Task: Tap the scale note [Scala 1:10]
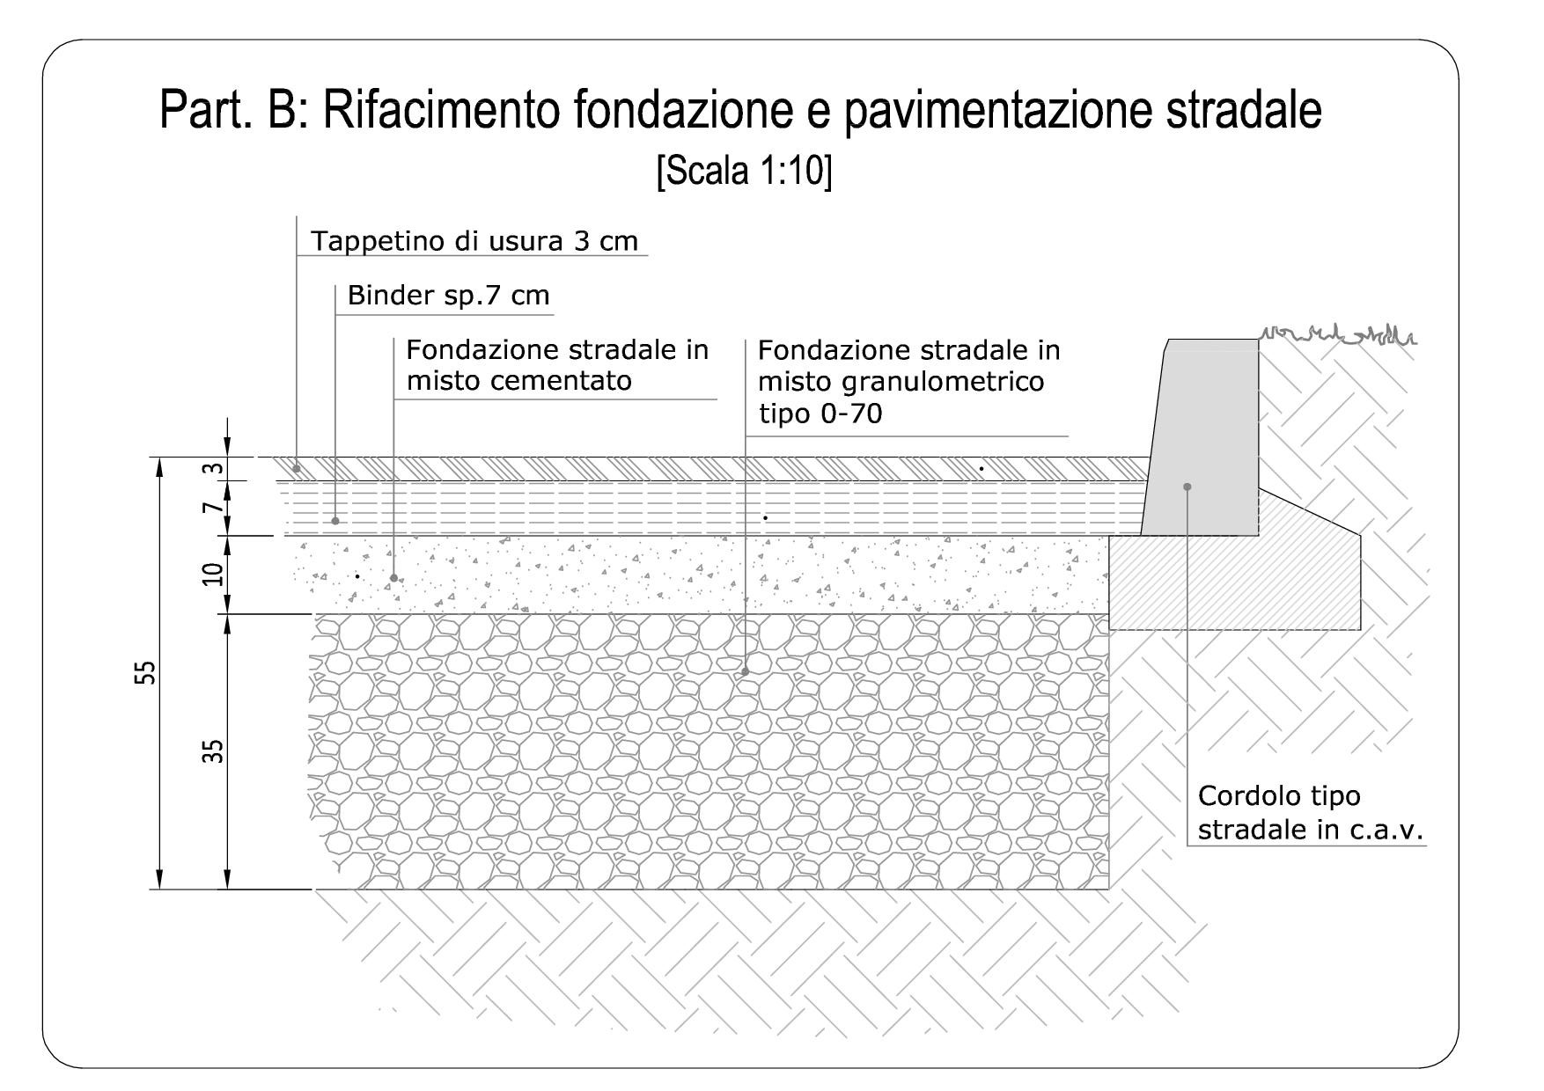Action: (x=744, y=170)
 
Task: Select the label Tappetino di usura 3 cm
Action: (x=474, y=241)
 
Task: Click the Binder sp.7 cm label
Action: (x=448, y=295)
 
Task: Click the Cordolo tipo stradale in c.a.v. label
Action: (x=1312, y=813)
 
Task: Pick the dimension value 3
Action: (x=211, y=469)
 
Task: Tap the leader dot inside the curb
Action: (x=1187, y=487)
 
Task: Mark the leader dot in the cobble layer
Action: (x=745, y=671)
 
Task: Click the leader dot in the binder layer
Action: (x=335, y=521)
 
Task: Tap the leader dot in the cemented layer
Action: (x=393, y=578)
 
